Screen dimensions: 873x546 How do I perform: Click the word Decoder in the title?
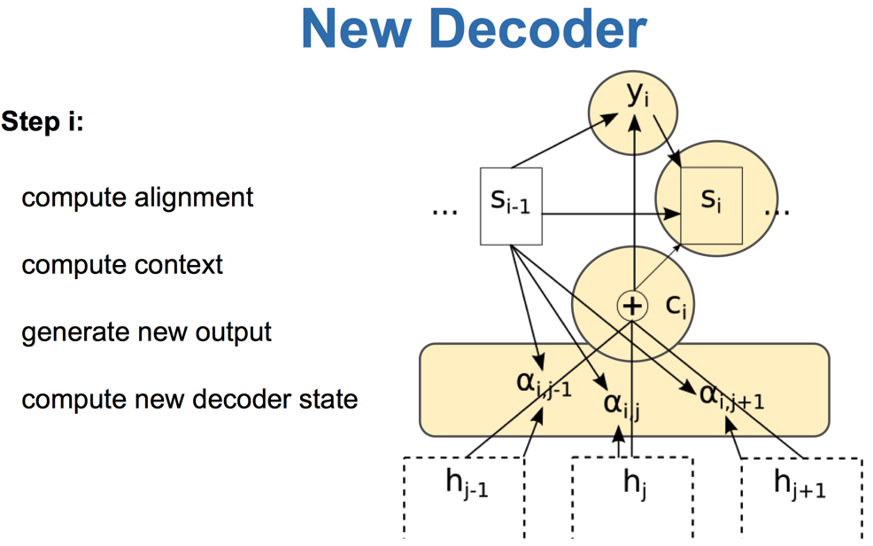pos(537,28)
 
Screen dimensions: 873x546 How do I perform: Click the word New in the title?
pos(357,28)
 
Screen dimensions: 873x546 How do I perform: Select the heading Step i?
pos(42,121)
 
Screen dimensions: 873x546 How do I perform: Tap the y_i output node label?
pos(638,95)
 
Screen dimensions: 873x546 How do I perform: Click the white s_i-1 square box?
pos(511,207)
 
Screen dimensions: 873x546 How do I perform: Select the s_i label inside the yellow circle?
pos(711,200)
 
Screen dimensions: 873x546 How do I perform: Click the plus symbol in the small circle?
pos(632,306)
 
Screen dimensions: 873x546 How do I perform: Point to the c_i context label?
pos(676,307)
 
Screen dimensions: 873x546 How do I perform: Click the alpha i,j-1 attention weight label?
pos(544,384)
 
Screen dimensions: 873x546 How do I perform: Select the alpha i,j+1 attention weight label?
pos(731,396)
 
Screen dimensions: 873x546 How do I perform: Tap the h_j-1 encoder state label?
pos(467,482)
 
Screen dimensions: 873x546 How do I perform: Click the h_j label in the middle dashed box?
pos(635,482)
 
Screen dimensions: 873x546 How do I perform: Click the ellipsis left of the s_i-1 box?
pos(445,212)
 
